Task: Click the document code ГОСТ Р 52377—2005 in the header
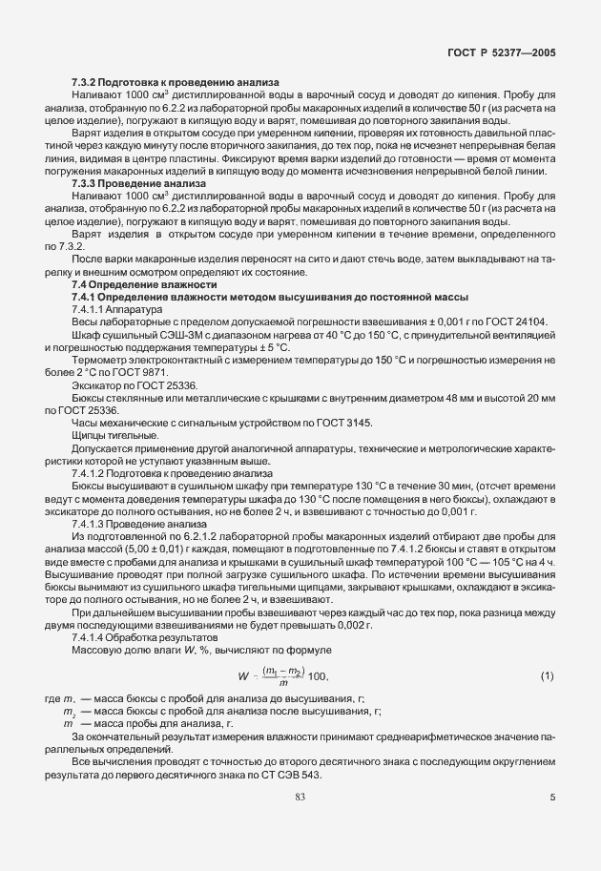click(503, 54)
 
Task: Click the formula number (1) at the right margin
click(547, 677)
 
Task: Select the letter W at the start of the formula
click(243, 678)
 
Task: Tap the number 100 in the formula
click(319, 678)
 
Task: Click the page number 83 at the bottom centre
click(300, 797)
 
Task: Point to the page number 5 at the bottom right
click(552, 798)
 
